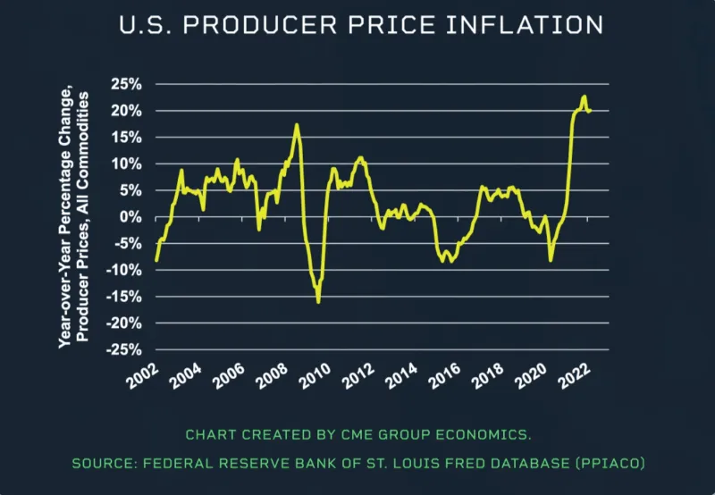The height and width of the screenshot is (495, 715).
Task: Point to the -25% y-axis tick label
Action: [124, 349]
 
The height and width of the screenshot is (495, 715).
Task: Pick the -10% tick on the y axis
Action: [124, 270]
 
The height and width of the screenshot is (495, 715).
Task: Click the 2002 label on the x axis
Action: [144, 376]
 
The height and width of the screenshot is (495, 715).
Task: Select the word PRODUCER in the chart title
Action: [235, 25]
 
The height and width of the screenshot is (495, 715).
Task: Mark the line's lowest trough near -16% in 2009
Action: [318, 302]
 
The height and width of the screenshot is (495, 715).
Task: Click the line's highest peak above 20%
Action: [584, 96]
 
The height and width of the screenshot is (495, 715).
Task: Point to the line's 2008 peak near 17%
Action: [297, 125]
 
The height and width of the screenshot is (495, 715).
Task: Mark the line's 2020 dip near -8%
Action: [551, 260]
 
